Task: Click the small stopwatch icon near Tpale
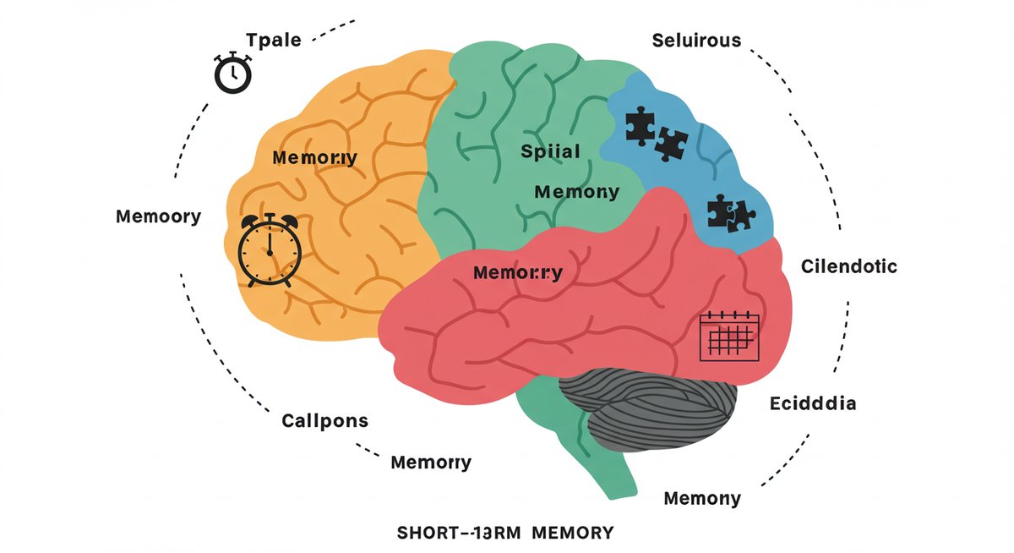[232, 73]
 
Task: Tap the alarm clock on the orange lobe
[269, 250]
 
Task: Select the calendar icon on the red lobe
[730, 336]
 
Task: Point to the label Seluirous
[696, 41]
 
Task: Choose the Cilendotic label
[848, 266]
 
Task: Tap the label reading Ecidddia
[813, 403]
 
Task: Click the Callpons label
[324, 419]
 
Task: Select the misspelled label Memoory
[158, 216]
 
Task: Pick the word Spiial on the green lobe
[550, 153]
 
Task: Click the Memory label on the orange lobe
[314, 157]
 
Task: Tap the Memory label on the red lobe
[518, 273]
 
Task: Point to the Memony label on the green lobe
[577, 192]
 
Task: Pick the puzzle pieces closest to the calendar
[729, 212]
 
